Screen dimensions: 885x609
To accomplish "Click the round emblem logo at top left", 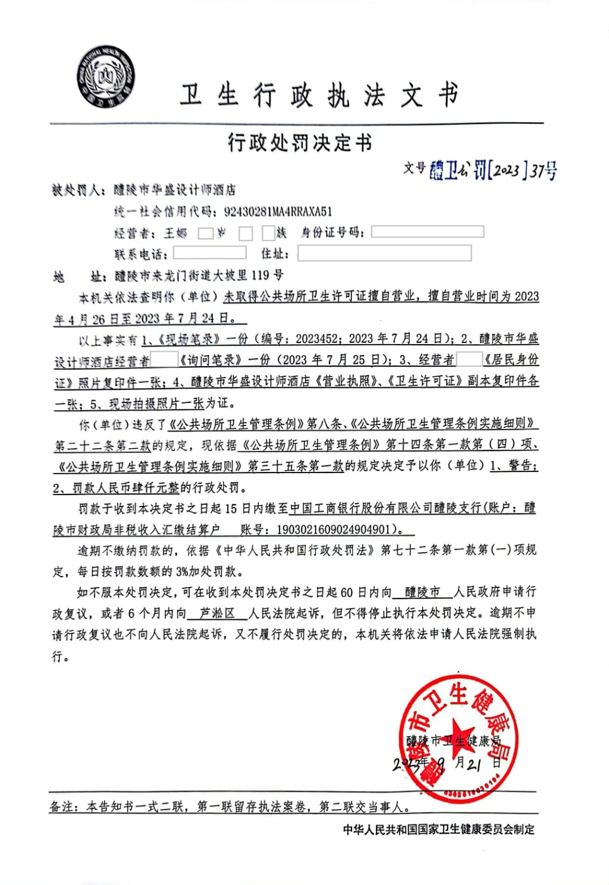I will coord(105,77).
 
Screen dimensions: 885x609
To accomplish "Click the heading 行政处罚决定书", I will coord(300,143).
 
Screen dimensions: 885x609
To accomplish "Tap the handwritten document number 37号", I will coord(544,171).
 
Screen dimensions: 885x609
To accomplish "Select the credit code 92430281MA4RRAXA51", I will coord(278,212).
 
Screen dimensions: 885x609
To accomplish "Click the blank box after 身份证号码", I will coord(427,232).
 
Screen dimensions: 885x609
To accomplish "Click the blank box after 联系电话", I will coord(209,253).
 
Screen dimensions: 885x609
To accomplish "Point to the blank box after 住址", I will coord(384,253).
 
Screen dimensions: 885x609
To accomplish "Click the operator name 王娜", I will coord(175,233).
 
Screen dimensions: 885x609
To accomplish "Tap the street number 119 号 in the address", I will coord(267,275).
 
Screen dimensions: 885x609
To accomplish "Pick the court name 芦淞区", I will coord(217,613).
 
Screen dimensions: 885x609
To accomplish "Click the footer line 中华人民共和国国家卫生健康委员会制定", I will coord(438,829).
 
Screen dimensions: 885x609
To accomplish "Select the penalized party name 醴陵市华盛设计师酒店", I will coord(175,190).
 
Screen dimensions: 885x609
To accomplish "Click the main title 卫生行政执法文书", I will coord(319,95).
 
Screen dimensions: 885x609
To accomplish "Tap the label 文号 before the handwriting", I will coord(415,168).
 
